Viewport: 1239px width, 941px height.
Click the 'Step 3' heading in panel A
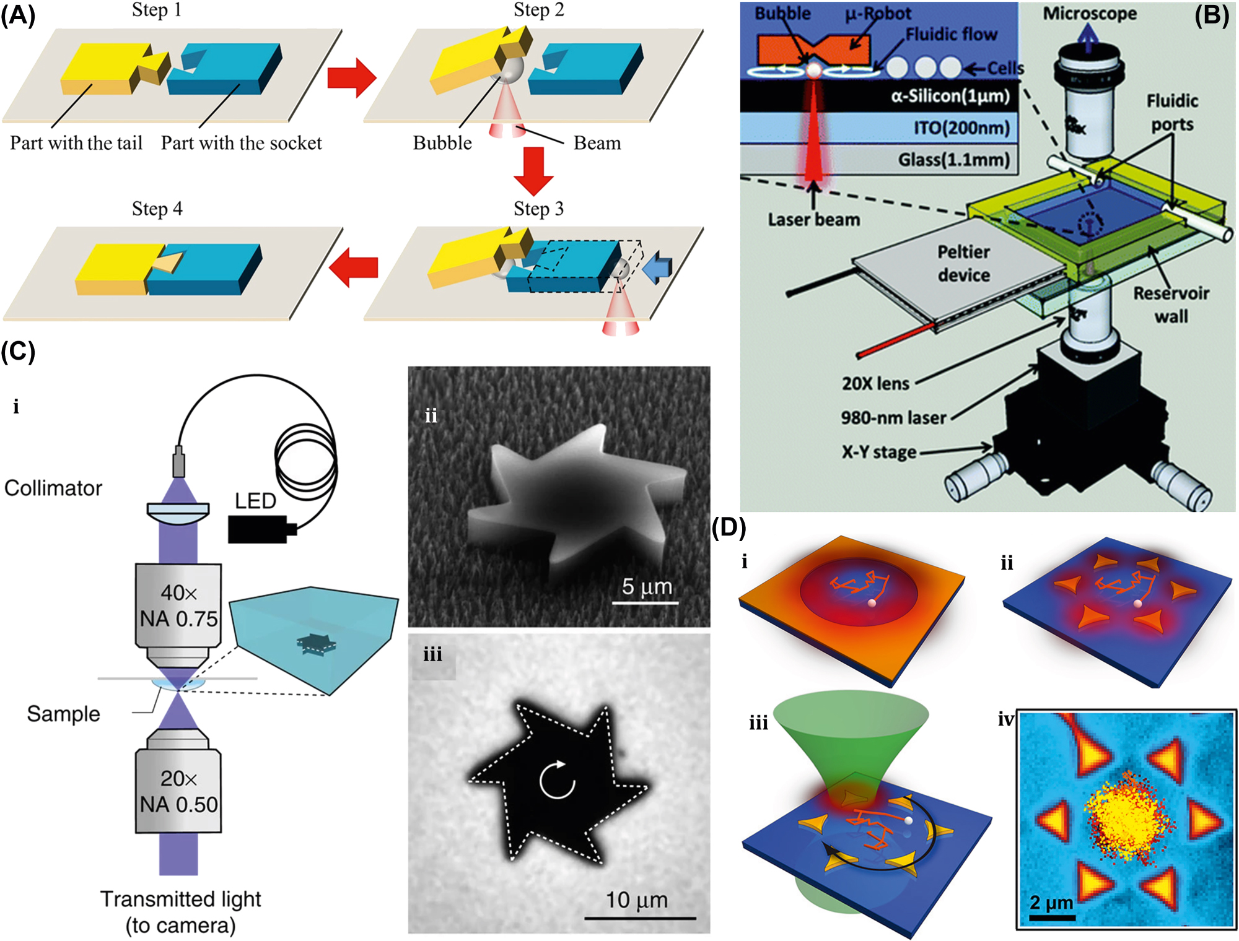[x=538, y=209]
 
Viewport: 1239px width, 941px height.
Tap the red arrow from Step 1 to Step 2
[x=351, y=77]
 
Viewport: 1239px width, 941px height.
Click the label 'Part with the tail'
[x=76, y=143]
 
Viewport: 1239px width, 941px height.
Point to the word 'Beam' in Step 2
[x=597, y=143]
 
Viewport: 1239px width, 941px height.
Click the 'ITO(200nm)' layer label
[x=961, y=128]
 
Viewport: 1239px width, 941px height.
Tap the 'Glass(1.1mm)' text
[x=954, y=160]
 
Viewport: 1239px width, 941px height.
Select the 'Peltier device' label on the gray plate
[x=963, y=263]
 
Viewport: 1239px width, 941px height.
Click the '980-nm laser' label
[x=893, y=418]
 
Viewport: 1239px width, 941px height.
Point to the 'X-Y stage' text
[x=878, y=452]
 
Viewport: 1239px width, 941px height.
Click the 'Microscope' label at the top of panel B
[x=1090, y=13]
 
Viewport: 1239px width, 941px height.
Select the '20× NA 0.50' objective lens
[x=178, y=791]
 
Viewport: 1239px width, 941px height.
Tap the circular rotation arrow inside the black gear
[x=557, y=780]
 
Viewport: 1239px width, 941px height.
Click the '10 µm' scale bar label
[x=636, y=900]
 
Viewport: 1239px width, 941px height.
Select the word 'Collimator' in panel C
[x=53, y=488]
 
